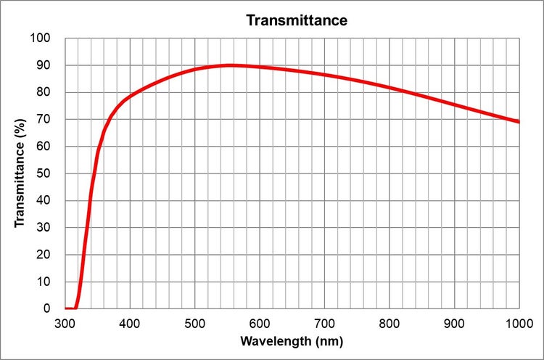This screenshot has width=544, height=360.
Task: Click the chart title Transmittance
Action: pyautogui.click(x=297, y=20)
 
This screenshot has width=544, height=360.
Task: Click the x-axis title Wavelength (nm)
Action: pyautogui.click(x=292, y=340)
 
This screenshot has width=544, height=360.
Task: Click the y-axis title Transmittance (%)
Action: pyautogui.click(x=20, y=173)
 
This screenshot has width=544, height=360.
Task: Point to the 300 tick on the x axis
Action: pyautogui.click(x=65, y=322)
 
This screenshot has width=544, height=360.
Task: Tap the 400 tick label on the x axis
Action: pyautogui.click(x=130, y=322)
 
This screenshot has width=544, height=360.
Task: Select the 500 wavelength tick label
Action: pyautogui.click(x=194, y=322)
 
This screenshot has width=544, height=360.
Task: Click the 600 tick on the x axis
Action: pyautogui.click(x=260, y=322)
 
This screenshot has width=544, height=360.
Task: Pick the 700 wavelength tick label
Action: pyautogui.click(x=324, y=322)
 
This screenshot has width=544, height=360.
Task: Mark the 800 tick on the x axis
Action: pyautogui.click(x=390, y=322)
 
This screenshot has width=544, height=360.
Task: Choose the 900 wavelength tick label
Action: pyautogui.click(x=454, y=322)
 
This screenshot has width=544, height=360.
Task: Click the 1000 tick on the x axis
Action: pyautogui.click(x=518, y=322)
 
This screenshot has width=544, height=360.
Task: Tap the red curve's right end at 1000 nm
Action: pyautogui.click(x=518, y=121)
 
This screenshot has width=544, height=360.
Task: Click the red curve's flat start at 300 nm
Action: pyautogui.click(x=67, y=308)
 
